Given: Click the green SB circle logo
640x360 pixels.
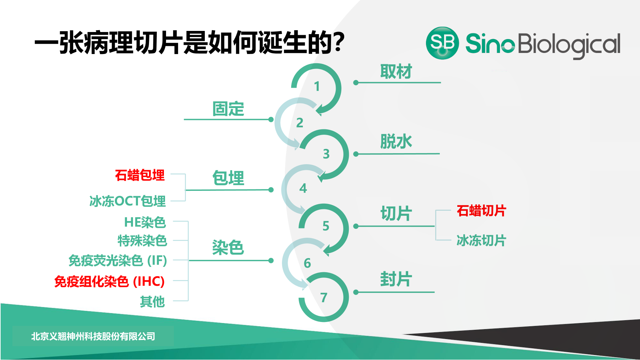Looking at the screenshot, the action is (x=442, y=43).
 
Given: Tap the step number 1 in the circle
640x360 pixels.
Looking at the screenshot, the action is (x=317, y=86).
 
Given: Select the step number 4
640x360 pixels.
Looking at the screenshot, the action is (x=303, y=188).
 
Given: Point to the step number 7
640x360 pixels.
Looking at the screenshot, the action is (x=324, y=297).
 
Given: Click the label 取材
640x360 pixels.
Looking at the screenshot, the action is (x=396, y=72).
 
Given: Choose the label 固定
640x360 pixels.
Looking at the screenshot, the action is (x=228, y=109).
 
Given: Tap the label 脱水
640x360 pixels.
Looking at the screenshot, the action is (x=396, y=141).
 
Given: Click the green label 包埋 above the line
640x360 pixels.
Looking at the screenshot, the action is (x=228, y=178).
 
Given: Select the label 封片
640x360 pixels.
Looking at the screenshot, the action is (x=396, y=279).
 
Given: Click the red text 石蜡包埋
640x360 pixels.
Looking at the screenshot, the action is (x=140, y=175).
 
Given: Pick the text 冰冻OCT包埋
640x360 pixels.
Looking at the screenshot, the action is (x=128, y=201).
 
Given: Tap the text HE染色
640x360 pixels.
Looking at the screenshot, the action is (x=145, y=222).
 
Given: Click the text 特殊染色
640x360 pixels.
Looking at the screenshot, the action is (x=142, y=241).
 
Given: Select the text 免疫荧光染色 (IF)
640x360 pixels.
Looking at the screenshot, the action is (x=118, y=260).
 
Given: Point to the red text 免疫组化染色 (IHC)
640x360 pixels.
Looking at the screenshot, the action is (x=110, y=281).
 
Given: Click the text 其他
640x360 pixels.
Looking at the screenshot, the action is (x=153, y=302).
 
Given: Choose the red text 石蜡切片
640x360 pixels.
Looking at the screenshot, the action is (x=481, y=211).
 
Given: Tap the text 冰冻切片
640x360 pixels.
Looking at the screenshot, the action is (x=481, y=241).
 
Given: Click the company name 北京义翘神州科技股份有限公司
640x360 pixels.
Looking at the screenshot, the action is (x=93, y=336).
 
